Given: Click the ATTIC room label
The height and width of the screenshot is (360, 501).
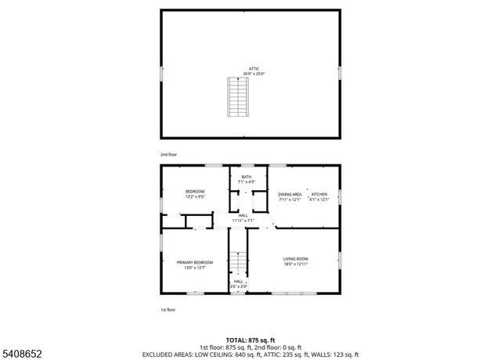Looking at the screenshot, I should [x=254, y=70].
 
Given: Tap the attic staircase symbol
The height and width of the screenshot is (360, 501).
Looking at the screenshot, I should [x=236, y=96].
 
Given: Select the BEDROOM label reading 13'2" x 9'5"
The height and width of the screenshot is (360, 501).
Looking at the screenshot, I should [x=195, y=192].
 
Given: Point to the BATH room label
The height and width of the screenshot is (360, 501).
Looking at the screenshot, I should [x=247, y=177].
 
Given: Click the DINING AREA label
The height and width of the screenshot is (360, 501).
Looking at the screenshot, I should [x=290, y=194].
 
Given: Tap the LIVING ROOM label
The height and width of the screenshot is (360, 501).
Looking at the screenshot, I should [x=295, y=258].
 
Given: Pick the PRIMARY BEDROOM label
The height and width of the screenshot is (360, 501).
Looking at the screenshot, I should [x=195, y=262].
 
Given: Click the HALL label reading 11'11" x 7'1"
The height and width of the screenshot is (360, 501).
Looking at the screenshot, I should [x=243, y=215].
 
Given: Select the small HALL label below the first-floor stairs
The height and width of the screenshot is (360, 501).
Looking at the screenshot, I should [x=239, y=282].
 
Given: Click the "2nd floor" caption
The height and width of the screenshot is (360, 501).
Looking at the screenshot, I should [x=168, y=155].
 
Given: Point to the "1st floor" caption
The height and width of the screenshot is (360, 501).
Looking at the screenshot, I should [x=168, y=310].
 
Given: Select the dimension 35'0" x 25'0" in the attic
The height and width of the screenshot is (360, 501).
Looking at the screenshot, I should [x=254, y=74].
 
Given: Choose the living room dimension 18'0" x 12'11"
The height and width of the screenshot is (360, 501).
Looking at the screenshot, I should [x=295, y=264].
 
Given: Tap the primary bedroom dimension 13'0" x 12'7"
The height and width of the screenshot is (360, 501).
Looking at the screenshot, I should [x=195, y=268].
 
